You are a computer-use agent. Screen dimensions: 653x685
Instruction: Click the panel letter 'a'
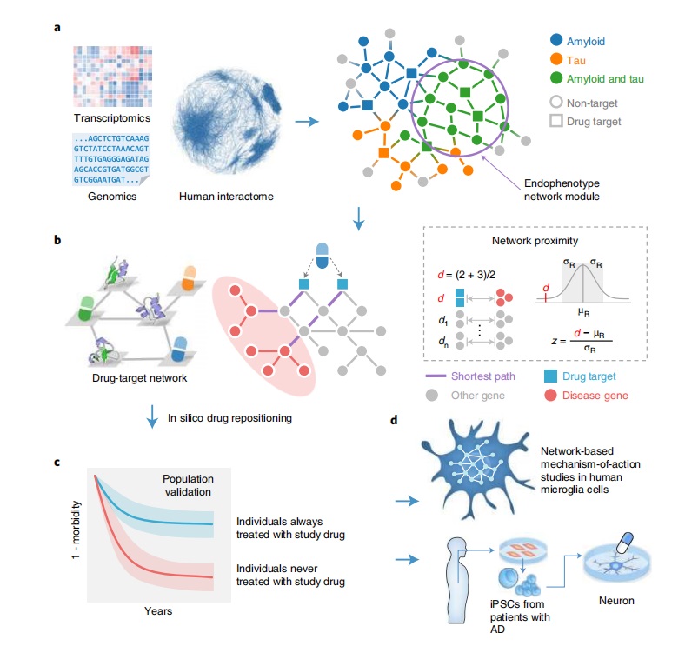point(57,28)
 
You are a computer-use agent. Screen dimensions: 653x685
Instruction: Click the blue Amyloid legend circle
point(555,39)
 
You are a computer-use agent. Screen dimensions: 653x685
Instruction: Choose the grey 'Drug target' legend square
point(555,122)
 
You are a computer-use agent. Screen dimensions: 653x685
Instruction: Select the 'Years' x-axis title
point(157,610)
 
